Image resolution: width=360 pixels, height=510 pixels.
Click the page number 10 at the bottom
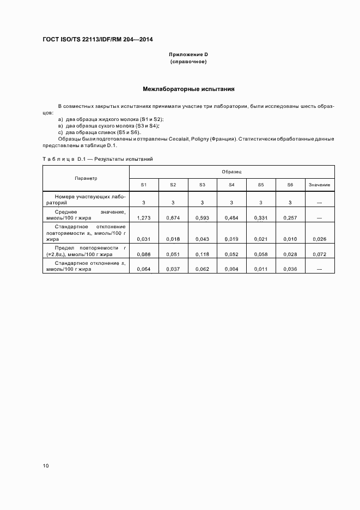[x=46, y=466]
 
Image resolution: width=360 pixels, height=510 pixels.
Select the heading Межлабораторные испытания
[x=188, y=88]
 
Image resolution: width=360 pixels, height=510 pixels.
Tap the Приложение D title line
[x=188, y=55]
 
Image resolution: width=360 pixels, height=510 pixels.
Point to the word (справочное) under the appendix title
[x=188, y=62]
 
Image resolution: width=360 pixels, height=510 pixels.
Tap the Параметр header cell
[x=86, y=178]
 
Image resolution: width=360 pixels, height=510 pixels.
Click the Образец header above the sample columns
[x=231, y=172]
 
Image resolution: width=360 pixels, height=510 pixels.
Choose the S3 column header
[x=202, y=185]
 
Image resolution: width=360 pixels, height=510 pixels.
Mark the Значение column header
[x=319, y=185]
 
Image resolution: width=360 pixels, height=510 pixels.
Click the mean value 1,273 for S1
[x=143, y=218]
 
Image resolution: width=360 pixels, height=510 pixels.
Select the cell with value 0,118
[x=202, y=254]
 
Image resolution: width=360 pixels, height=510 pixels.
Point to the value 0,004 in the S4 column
[x=231, y=269]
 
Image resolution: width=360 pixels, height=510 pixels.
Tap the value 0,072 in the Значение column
[x=319, y=254]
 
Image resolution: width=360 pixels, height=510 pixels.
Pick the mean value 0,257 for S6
[x=290, y=218]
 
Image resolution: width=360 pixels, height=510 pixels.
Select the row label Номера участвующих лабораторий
[x=86, y=198]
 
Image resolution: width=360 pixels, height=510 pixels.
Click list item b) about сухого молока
[x=108, y=125]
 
